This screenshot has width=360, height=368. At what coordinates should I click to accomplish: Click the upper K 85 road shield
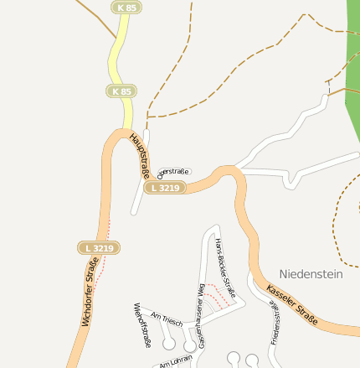click(x=126, y=8)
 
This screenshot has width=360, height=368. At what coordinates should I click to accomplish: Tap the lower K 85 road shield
click(x=121, y=91)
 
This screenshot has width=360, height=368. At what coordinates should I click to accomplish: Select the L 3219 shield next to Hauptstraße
click(x=165, y=188)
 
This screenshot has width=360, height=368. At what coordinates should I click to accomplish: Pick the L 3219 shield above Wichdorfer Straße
click(x=99, y=248)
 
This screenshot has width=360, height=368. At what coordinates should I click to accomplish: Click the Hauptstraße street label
click(x=140, y=154)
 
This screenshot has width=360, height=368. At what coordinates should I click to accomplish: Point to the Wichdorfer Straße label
click(x=90, y=291)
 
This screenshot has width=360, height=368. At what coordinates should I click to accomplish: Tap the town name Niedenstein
click(x=311, y=273)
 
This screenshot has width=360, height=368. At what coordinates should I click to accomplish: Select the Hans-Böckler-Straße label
click(x=224, y=268)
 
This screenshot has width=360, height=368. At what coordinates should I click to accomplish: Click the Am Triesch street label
click(x=166, y=319)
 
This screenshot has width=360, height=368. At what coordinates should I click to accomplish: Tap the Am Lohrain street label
click(x=175, y=360)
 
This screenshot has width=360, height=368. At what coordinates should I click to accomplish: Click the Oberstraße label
click(x=174, y=172)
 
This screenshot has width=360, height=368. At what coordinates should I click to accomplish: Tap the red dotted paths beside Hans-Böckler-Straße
click(x=220, y=298)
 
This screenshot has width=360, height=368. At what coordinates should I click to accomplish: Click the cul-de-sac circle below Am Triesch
click(x=169, y=344)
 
